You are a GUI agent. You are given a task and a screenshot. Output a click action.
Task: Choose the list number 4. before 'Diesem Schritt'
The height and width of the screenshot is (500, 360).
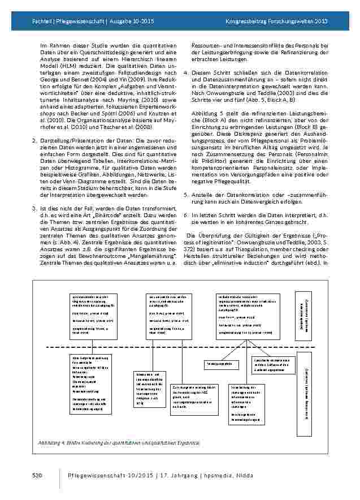[x=186, y=73]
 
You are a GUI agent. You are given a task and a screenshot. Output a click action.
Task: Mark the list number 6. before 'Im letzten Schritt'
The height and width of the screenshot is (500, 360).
[x=186, y=215]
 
